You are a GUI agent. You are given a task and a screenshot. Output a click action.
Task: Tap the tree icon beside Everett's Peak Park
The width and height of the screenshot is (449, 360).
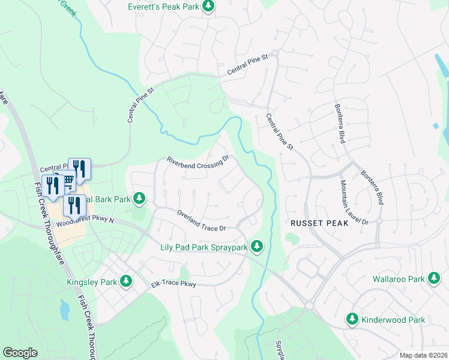(x=208, y=6)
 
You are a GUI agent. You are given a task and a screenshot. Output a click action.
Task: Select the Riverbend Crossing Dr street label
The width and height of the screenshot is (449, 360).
(x=198, y=161)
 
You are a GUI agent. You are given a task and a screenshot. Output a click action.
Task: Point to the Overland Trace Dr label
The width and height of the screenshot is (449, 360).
(x=201, y=220)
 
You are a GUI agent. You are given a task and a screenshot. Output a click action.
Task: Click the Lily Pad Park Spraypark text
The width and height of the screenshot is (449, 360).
(x=203, y=247)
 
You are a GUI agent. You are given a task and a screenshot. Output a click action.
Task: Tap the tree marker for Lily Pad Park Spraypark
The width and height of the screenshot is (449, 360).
(x=257, y=246)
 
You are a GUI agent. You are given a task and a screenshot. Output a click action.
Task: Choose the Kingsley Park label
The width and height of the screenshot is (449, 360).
(x=92, y=280)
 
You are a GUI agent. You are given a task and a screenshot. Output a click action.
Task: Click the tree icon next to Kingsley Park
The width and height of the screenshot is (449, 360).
(x=126, y=280)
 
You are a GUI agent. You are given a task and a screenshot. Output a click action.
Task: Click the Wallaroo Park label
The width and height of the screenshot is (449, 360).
(x=398, y=279)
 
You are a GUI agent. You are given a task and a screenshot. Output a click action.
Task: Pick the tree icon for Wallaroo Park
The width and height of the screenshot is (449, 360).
(x=434, y=279)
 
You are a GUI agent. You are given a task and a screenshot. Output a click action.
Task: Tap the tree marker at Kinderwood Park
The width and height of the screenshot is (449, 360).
(x=352, y=319)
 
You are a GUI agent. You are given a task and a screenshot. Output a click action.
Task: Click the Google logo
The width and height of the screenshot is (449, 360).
(x=20, y=353)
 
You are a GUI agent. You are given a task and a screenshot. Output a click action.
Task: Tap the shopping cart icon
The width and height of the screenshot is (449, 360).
(x=67, y=179)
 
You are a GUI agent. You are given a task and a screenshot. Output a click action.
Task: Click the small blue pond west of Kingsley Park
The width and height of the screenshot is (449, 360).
(x=64, y=310)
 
